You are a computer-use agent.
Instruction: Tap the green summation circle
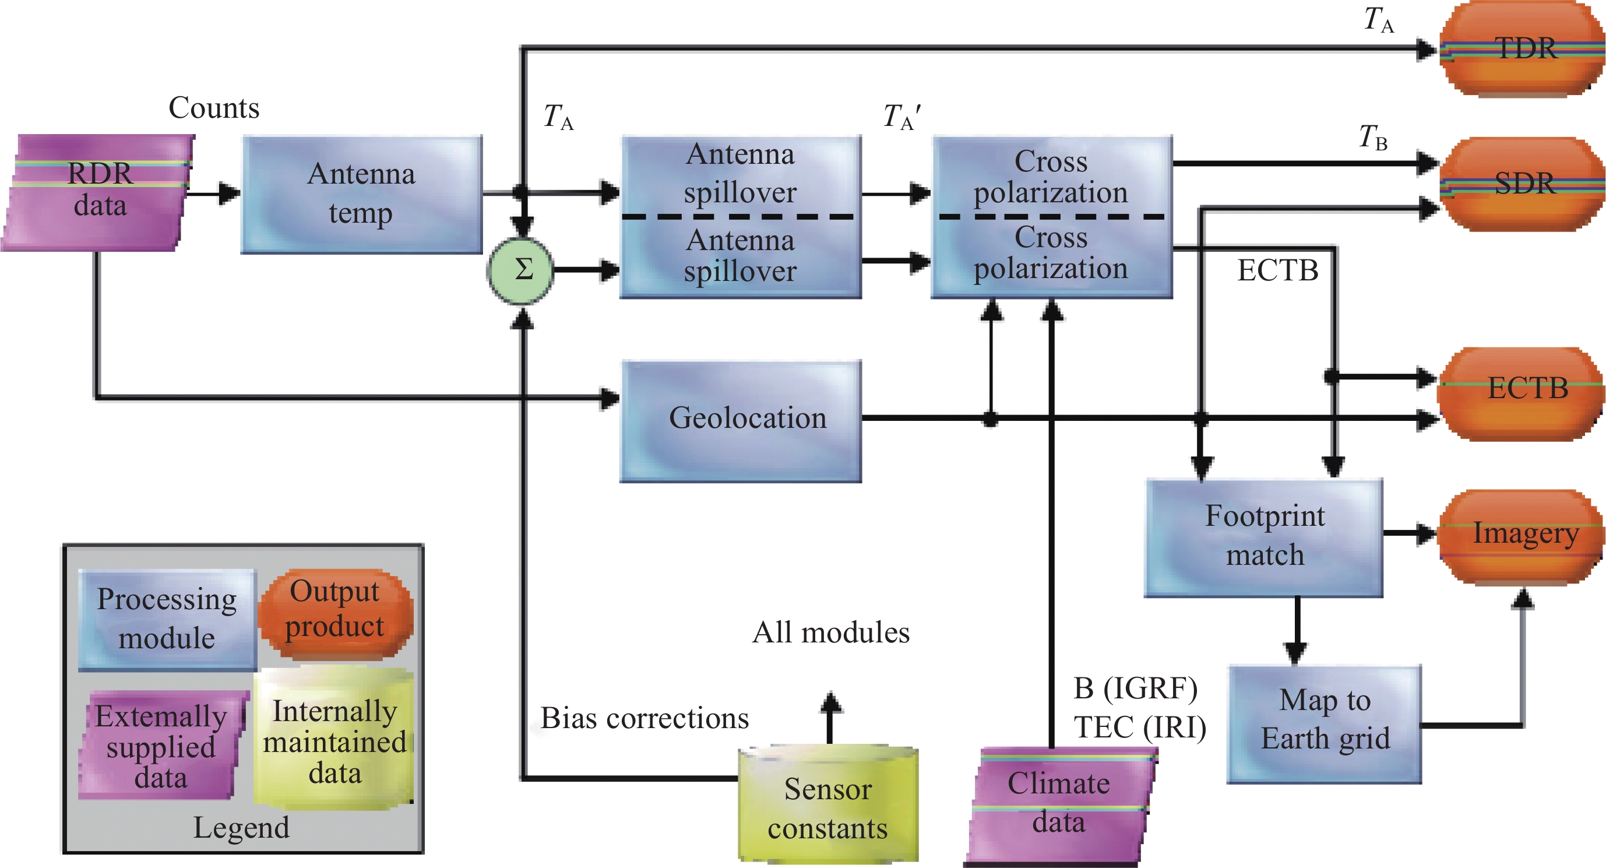[x=520, y=270]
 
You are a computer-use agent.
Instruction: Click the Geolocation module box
[x=741, y=420]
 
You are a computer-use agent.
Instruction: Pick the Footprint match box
[x=1265, y=537]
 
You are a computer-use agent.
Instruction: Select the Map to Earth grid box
[x=1325, y=724]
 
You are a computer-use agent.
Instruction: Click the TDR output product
[x=1523, y=48]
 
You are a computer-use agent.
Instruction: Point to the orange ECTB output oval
[x=1523, y=393]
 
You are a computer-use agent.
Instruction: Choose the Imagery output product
[x=1523, y=536]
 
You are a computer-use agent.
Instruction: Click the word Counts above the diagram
[x=214, y=108]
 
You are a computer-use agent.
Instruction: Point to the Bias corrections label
[x=644, y=718]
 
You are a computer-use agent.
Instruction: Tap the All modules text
[x=830, y=633]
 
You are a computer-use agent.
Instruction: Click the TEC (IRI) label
[x=1140, y=727]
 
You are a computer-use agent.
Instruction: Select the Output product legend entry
[x=336, y=611]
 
